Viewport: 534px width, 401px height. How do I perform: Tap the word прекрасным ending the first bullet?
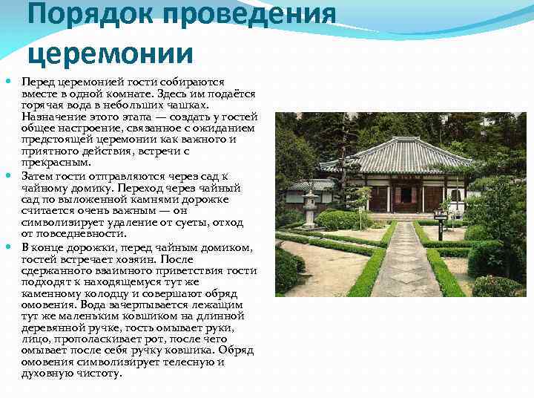pos(56,163)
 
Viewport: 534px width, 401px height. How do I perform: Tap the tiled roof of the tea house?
pos(408,156)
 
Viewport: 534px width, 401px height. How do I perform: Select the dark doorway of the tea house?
pos(406,197)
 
